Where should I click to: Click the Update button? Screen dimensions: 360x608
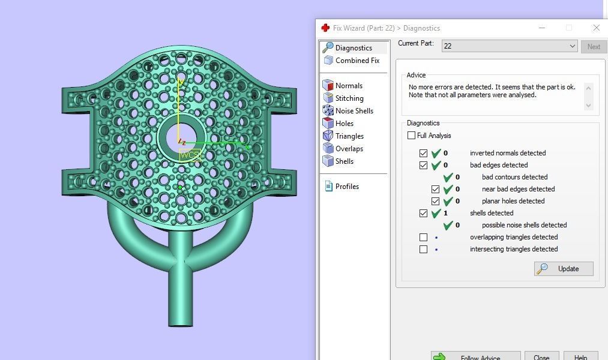tap(564, 269)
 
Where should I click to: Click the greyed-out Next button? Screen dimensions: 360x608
tap(593, 46)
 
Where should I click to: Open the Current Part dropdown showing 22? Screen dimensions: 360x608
tap(509, 46)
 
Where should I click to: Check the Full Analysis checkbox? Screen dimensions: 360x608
tap(412, 136)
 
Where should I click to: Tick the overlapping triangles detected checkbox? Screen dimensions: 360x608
tap(424, 237)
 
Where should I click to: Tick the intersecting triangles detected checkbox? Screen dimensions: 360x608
tap(424, 249)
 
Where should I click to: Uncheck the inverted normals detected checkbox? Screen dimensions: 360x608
tap(424, 153)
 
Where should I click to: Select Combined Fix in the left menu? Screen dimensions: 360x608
tap(357, 61)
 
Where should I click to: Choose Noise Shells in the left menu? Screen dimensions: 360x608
tap(354, 111)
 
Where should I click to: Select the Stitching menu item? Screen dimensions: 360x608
tap(349, 98)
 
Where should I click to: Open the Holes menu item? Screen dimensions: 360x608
tap(344, 124)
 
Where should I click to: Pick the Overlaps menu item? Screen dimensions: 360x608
tap(349, 149)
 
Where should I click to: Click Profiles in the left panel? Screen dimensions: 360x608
tap(346, 187)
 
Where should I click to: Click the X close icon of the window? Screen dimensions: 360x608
tap(596, 28)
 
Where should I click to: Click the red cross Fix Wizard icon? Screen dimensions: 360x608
tap(325, 28)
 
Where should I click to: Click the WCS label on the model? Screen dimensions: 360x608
tap(190, 155)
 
